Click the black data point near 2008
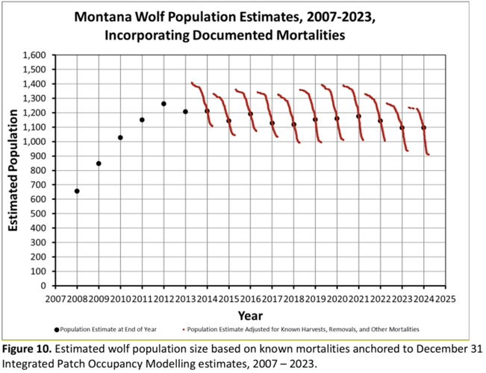77,191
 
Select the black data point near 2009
99,163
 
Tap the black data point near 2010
120,137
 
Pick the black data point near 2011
142,119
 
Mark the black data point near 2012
163,104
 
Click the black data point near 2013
185,112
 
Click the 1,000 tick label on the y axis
35,142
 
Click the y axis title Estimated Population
13,171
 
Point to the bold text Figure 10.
28,349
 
